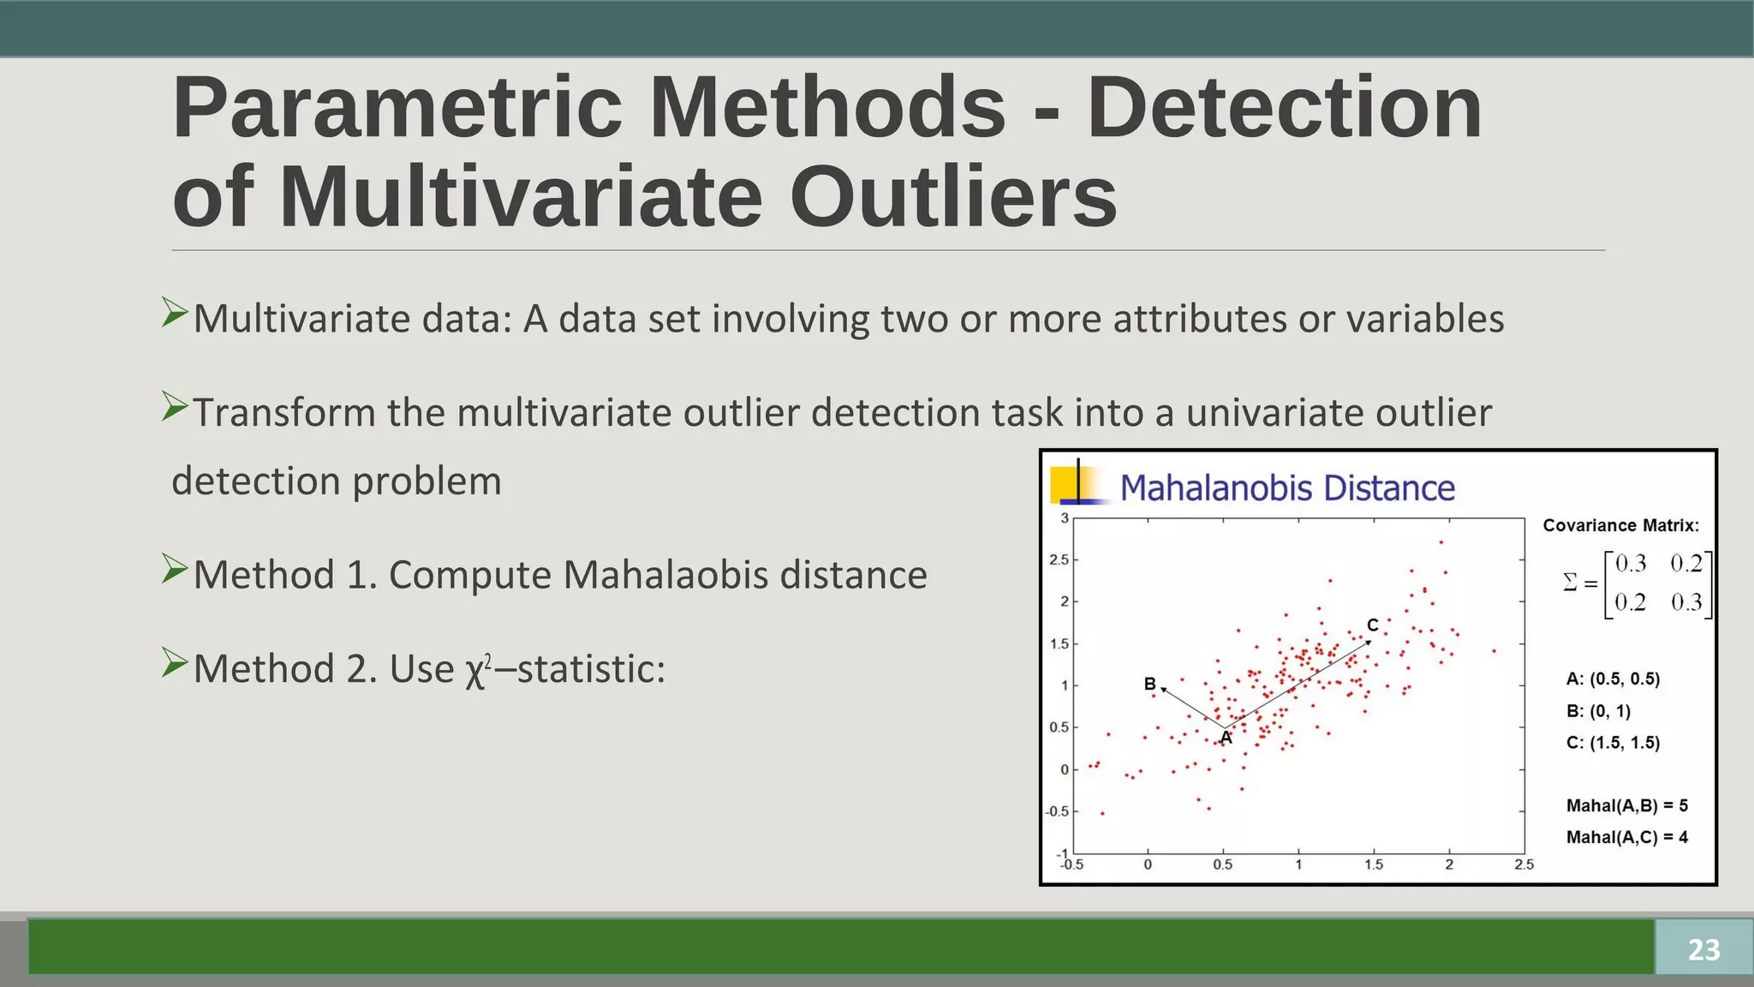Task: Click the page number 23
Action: tap(1703, 949)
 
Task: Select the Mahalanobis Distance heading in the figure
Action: tap(1287, 488)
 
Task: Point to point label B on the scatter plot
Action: tap(1149, 684)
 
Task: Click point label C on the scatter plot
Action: tap(1372, 625)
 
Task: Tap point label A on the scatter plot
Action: tap(1226, 738)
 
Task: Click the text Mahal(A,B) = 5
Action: tap(1626, 805)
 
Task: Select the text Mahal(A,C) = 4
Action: tap(1626, 837)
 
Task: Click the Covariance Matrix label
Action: tap(1620, 525)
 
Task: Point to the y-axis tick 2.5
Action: tap(1059, 560)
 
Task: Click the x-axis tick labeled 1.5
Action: tap(1374, 865)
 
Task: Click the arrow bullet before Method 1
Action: tap(175, 570)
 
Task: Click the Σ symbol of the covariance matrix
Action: tap(1570, 583)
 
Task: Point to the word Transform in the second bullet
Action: tap(283, 413)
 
